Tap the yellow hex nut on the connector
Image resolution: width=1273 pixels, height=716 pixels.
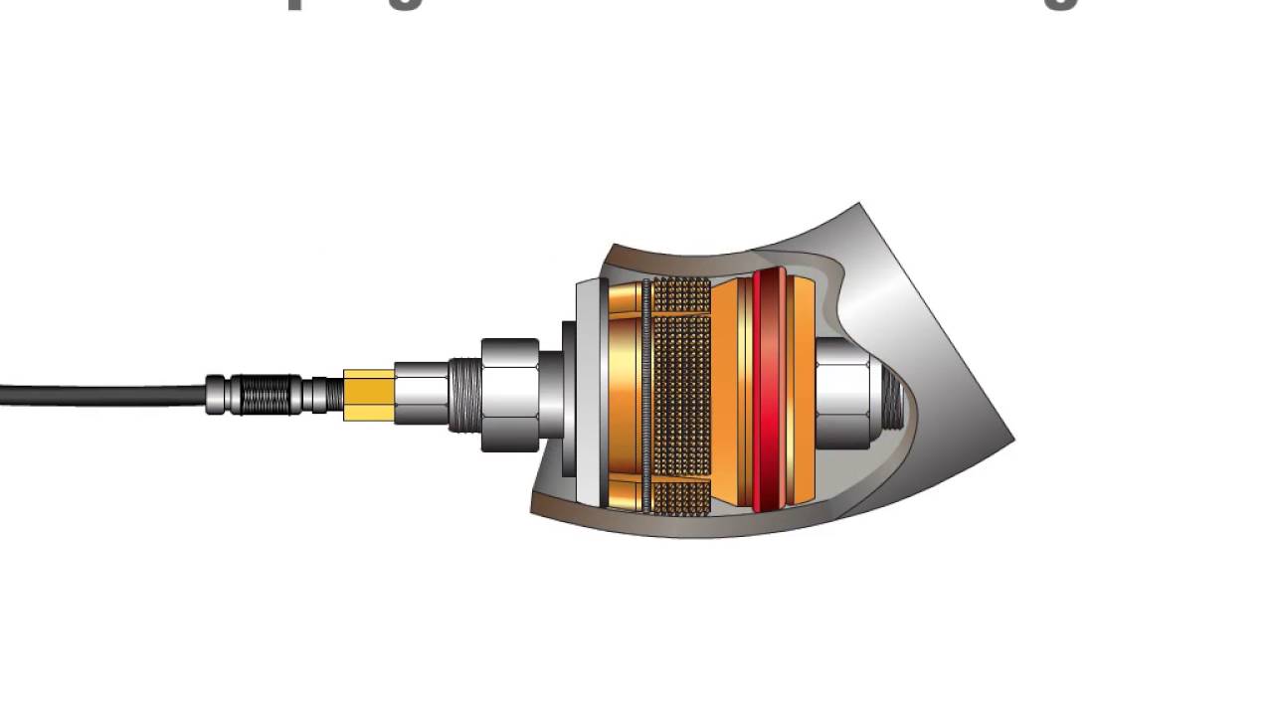click(369, 395)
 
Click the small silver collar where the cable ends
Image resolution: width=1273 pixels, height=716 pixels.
click(216, 395)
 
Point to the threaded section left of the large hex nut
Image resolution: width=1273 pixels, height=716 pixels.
click(463, 395)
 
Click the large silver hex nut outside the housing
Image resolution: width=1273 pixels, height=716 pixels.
click(510, 395)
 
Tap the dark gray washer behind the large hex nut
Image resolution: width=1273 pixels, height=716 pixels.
click(568, 398)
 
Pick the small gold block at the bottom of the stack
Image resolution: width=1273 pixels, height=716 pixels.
click(626, 492)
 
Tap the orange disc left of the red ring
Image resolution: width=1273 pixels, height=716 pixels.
click(733, 393)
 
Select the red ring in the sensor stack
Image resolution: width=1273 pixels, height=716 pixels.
click(769, 393)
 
